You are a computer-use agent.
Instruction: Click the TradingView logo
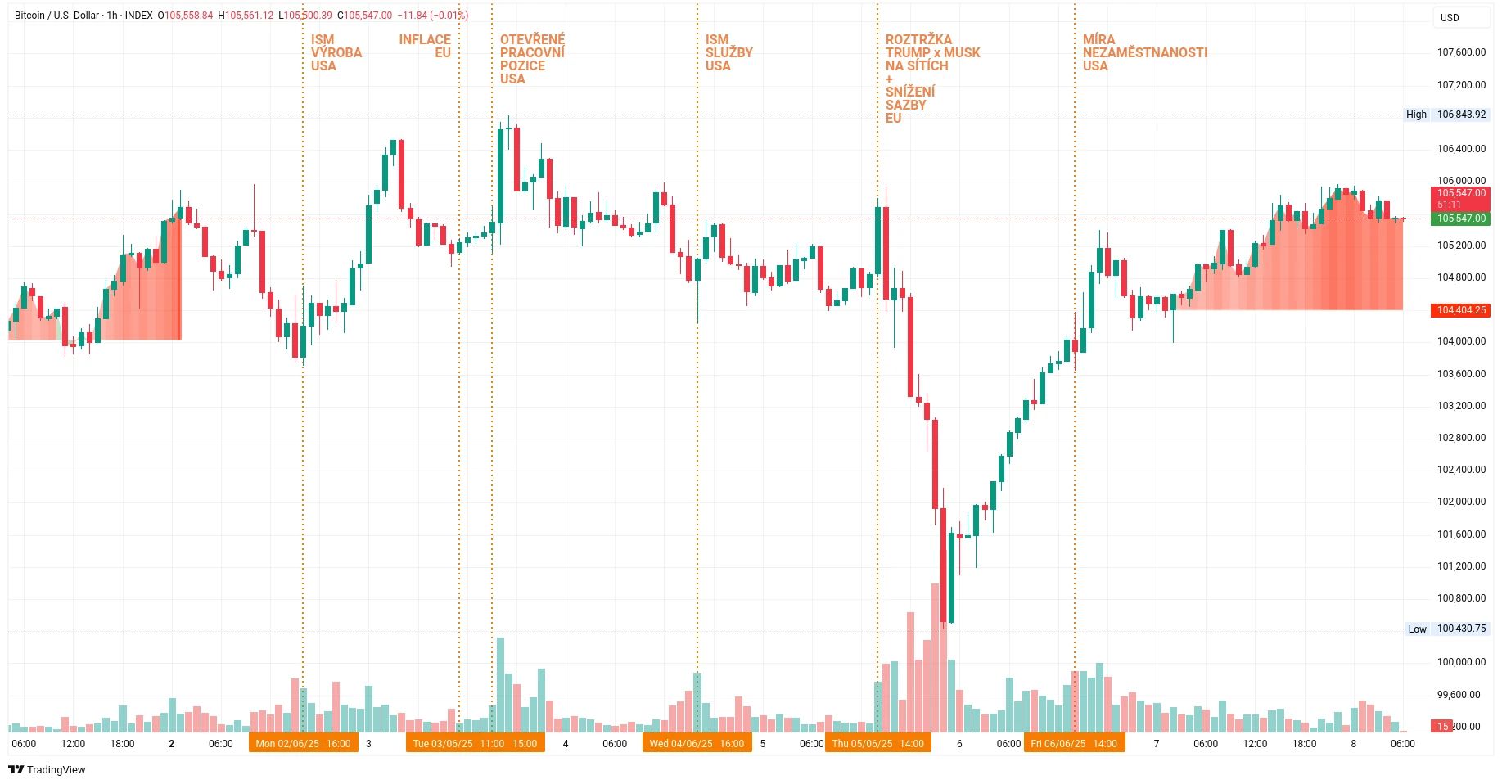(x=47, y=769)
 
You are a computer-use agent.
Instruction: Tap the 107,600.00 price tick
(x=1461, y=52)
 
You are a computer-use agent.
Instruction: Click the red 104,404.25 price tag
(x=1460, y=310)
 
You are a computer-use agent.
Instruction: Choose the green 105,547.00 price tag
(x=1460, y=219)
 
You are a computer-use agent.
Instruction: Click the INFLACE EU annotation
(x=425, y=46)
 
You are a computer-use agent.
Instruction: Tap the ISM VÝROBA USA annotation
(x=336, y=52)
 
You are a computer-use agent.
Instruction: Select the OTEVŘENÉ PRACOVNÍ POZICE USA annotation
(x=532, y=59)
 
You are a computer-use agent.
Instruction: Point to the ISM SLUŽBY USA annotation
(x=728, y=52)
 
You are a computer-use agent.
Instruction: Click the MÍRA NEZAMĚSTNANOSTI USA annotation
(x=1144, y=52)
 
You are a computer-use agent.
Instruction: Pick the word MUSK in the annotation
(x=962, y=52)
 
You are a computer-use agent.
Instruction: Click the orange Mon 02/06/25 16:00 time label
(x=303, y=744)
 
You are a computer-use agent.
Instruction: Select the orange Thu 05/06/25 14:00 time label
(x=877, y=744)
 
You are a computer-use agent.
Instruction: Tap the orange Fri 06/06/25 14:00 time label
(x=1074, y=744)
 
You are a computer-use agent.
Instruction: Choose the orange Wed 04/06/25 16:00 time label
(x=697, y=744)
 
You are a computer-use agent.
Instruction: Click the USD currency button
(x=1450, y=17)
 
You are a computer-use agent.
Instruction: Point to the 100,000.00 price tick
(x=1461, y=662)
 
